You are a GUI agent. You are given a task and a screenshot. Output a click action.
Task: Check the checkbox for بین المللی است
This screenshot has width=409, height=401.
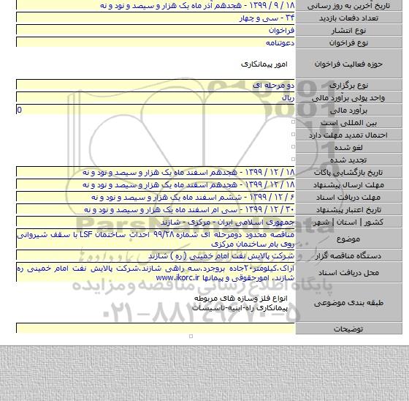(293, 121)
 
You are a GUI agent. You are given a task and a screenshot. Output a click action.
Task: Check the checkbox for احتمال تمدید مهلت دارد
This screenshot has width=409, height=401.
(293, 134)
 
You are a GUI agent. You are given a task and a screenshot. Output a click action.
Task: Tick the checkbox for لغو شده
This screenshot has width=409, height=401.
(293, 146)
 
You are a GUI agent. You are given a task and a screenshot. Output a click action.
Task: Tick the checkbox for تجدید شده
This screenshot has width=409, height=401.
(293, 159)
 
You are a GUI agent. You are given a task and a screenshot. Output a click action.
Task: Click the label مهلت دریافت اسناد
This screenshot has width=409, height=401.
(366, 197)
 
